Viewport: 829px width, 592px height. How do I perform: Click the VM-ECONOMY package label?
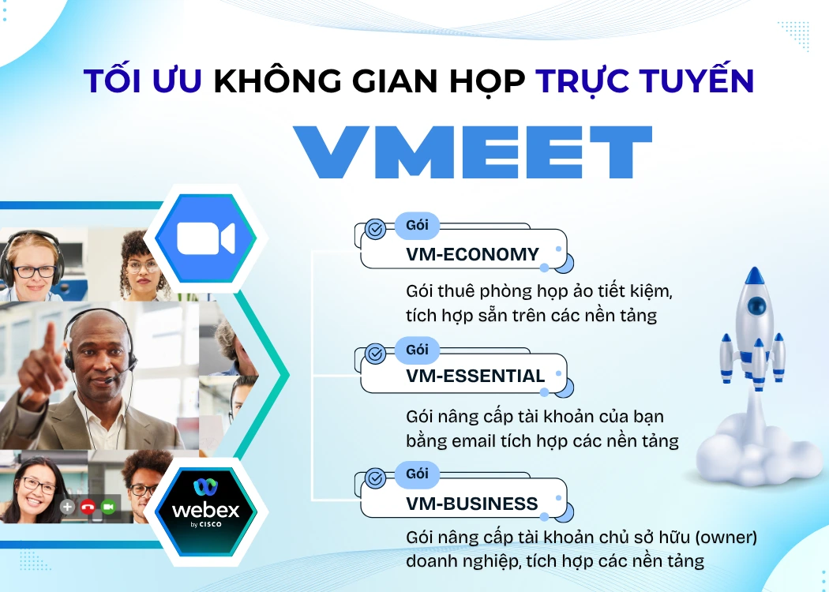[x=472, y=254]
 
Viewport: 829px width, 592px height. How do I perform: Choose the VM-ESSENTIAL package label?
[x=475, y=376]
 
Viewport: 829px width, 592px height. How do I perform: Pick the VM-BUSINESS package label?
[x=471, y=504]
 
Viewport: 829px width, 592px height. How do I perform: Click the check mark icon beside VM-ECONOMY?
[x=376, y=230]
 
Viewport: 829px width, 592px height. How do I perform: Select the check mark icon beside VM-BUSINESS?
[x=376, y=478]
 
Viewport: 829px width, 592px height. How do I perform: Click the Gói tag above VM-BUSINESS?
[x=417, y=474]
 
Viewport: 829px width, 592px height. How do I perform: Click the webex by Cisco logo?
[x=205, y=505]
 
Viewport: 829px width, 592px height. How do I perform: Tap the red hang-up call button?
[x=88, y=507]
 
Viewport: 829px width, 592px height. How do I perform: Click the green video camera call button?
[x=108, y=507]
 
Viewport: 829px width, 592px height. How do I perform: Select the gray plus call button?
[x=68, y=507]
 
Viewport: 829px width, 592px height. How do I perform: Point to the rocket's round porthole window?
[x=756, y=306]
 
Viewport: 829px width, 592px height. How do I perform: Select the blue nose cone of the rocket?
[x=756, y=276]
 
